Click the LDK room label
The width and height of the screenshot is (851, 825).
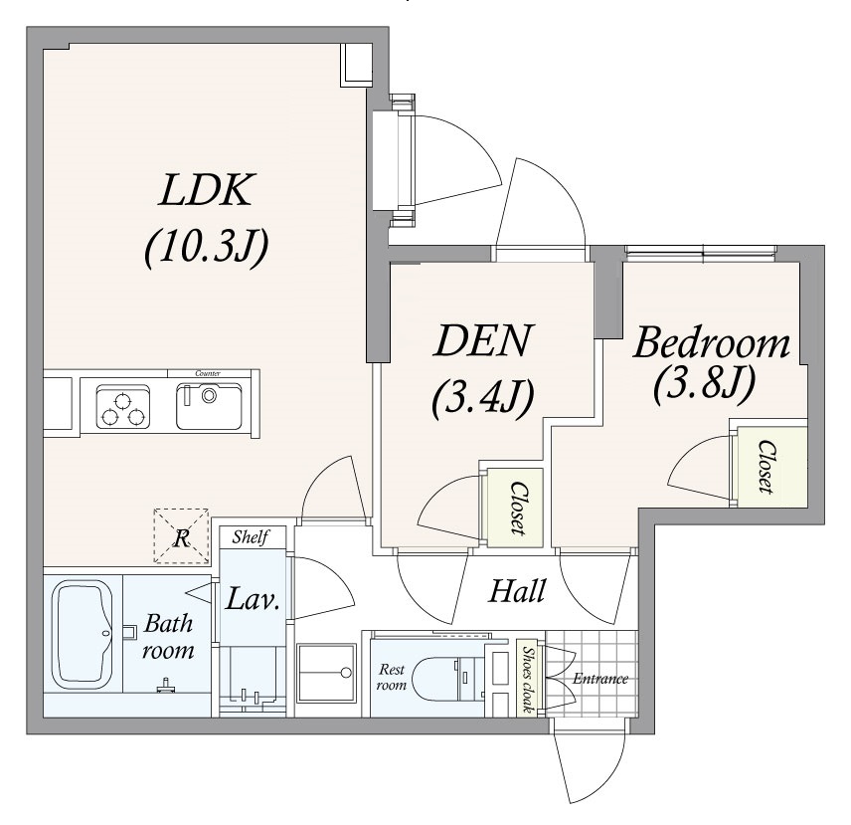(207, 191)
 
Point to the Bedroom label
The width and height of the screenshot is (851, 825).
(712, 344)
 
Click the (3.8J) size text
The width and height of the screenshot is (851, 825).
(703, 384)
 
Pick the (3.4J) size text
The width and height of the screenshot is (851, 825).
(482, 396)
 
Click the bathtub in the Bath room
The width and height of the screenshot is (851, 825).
(83, 634)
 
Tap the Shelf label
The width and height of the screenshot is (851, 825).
(252, 537)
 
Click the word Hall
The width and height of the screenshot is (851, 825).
(517, 592)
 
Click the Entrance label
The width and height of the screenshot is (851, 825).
(599, 680)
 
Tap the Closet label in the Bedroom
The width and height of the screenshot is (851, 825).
(766, 467)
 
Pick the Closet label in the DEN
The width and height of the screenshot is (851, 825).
(517, 508)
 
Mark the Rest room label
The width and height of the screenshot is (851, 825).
(392, 678)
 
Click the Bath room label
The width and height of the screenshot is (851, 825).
(168, 638)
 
